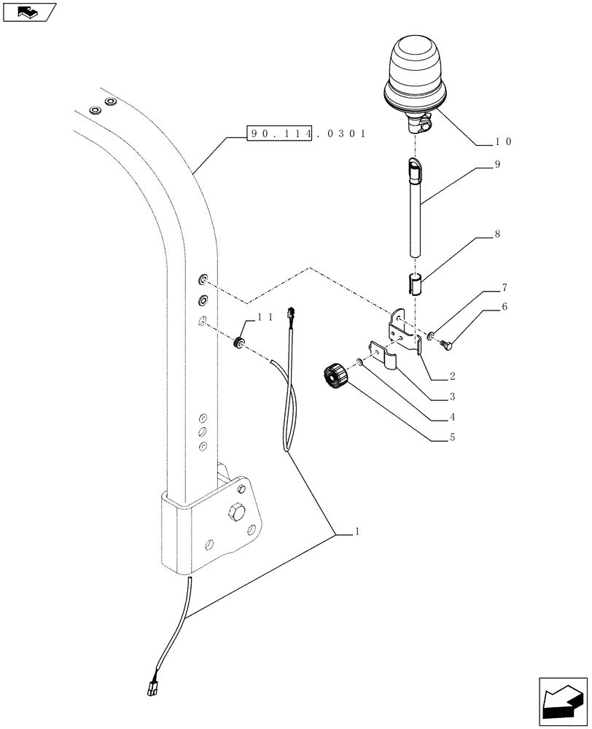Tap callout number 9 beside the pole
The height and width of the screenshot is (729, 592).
point(496,165)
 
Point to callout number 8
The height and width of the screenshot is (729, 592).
point(496,235)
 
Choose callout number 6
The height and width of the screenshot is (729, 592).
point(504,308)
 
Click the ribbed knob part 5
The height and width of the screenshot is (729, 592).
point(335,380)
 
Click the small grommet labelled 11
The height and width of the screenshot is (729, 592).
point(238,343)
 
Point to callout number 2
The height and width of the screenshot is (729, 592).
point(453,377)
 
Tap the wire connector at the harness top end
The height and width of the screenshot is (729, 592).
point(292,313)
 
